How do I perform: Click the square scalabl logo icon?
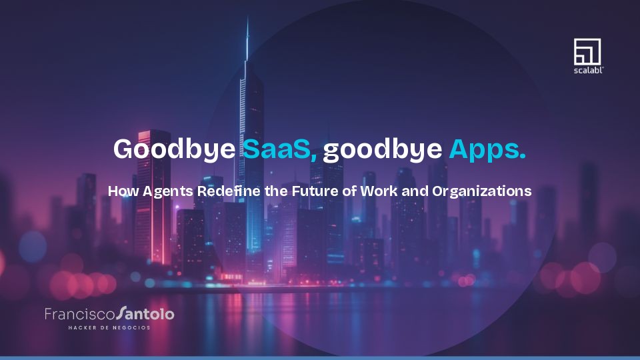click(x=587, y=51)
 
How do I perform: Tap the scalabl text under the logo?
click(x=588, y=69)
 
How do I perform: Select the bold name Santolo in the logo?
click(x=145, y=313)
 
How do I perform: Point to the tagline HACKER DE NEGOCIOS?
click(x=109, y=327)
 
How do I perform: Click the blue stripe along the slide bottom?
click(x=320, y=357)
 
